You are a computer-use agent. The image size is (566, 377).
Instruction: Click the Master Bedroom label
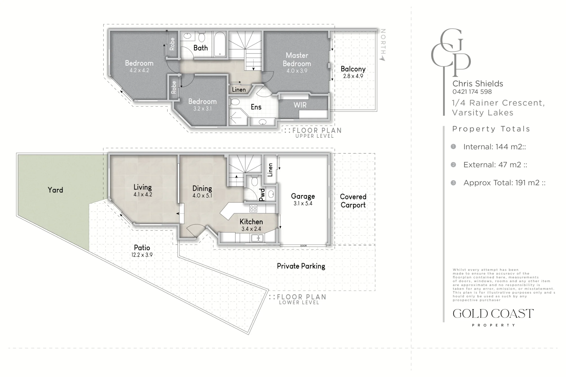coord(297,59)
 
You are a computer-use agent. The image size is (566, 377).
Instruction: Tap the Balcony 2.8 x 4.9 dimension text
coord(353,76)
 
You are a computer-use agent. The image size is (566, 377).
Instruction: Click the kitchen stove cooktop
coord(253,209)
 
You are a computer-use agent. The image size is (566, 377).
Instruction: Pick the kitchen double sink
coord(257,238)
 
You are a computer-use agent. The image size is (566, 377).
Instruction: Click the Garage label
coord(303,196)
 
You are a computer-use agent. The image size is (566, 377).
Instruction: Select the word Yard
coord(55,190)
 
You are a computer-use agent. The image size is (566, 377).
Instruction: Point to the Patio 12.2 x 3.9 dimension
coord(142,255)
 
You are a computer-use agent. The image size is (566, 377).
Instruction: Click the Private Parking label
coord(301,266)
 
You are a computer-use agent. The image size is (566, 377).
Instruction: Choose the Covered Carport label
coord(353,201)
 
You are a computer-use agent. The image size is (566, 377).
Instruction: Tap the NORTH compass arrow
coord(383,58)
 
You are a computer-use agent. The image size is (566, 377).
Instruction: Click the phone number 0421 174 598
coord(472,92)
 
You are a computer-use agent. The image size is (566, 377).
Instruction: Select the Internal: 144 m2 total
coord(494,147)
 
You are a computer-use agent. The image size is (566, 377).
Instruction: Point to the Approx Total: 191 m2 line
coord(504,183)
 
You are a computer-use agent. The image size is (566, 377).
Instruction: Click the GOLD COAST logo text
coord(493,314)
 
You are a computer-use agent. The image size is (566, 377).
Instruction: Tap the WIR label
coord(300,105)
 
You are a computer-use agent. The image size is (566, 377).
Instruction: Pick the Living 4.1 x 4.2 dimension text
coord(143,195)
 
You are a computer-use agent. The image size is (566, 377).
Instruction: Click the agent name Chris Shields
coord(478,83)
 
